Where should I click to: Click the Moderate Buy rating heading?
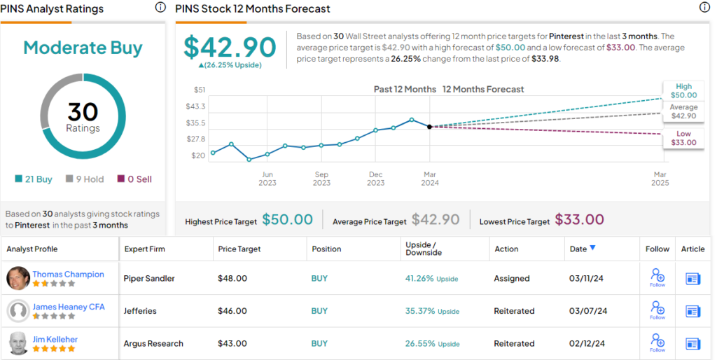(83, 48)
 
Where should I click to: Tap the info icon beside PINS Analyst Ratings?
(160, 8)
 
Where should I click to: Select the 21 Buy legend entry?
(34, 179)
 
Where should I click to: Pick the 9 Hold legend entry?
(85, 179)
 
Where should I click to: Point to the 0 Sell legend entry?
(134, 179)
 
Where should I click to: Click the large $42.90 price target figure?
(230, 47)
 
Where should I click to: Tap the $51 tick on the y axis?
(200, 90)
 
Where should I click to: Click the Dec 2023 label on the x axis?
(375, 179)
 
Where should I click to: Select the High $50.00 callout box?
(683, 91)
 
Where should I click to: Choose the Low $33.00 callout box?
(683, 138)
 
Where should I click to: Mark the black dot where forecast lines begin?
(429, 127)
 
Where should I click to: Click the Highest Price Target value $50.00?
(287, 220)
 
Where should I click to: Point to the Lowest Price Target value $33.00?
(579, 220)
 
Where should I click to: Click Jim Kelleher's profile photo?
(18, 343)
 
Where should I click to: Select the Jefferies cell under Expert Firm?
(141, 311)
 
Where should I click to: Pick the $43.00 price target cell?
(233, 344)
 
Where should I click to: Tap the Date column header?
(583, 249)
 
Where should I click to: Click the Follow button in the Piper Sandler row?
(657, 278)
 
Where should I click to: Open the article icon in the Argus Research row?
(692, 344)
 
